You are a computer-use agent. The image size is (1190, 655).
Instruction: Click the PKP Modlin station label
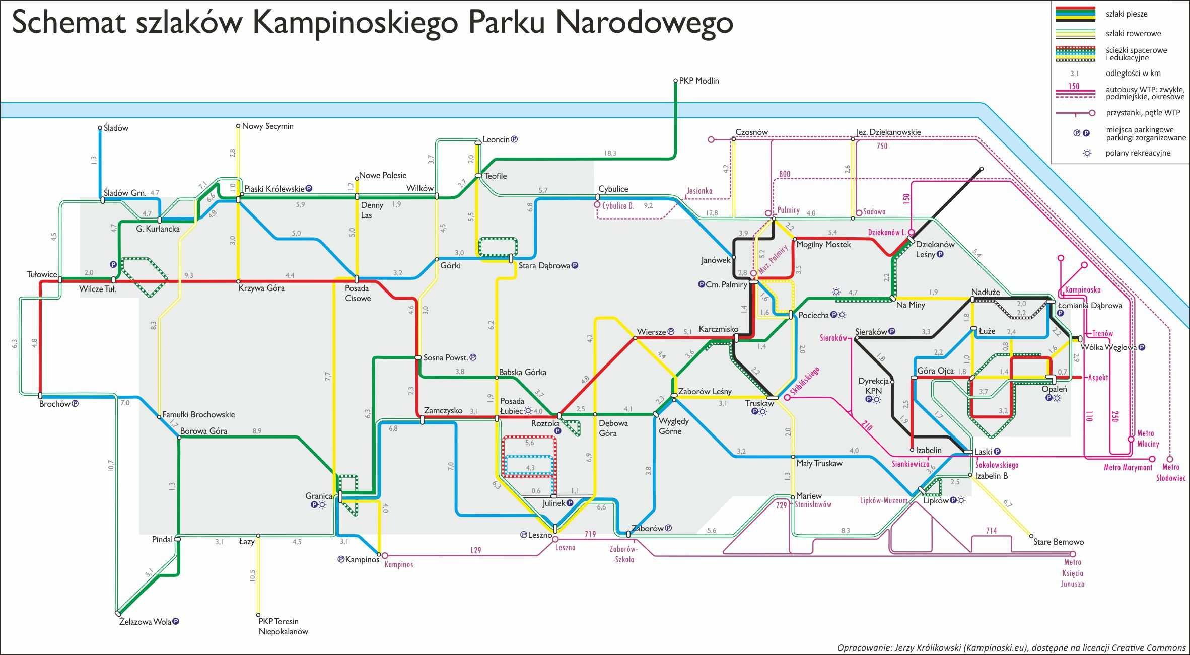699,81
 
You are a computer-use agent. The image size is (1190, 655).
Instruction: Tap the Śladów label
116,128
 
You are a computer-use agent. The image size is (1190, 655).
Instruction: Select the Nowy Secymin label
267,126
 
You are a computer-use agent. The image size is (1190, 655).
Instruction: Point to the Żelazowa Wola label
145,622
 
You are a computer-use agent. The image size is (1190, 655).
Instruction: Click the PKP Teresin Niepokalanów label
284,627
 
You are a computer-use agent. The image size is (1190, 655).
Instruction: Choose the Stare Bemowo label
1059,542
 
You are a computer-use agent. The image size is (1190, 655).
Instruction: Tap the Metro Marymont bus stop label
1128,467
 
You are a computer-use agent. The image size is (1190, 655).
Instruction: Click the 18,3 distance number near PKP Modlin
610,153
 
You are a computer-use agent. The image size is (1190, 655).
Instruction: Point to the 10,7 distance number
111,466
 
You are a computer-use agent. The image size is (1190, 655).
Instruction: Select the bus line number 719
590,534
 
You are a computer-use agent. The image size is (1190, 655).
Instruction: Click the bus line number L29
476,550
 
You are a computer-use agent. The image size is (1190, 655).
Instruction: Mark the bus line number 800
785,174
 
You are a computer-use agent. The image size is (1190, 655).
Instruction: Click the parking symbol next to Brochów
76,403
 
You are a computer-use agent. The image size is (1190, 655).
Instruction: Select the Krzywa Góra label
261,288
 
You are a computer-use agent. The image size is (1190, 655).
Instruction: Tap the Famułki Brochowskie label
198,415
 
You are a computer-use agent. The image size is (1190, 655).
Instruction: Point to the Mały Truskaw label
819,463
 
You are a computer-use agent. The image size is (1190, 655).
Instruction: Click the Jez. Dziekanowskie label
888,132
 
